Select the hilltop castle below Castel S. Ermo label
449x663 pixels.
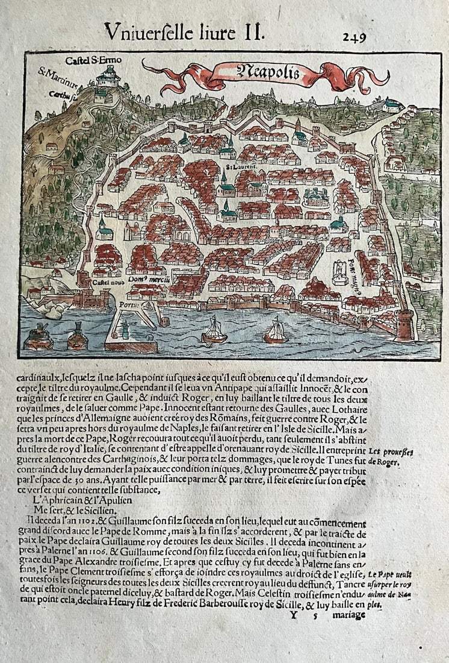108,77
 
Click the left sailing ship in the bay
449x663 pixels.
215,331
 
